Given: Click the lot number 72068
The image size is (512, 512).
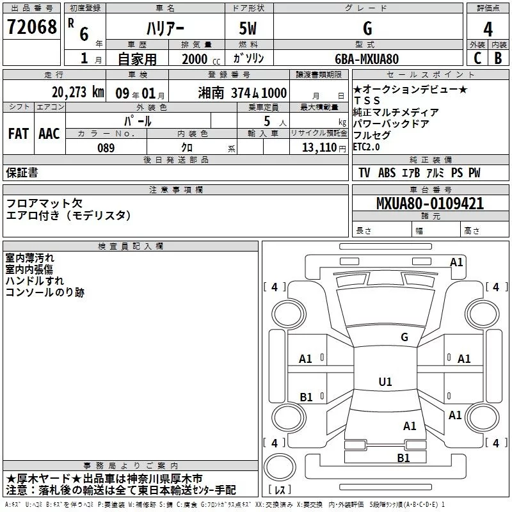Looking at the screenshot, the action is pyautogui.click(x=31, y=28).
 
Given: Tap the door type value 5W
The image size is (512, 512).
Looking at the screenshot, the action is pyautogui.click(x=248, y=29).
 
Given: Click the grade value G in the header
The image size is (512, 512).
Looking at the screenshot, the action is pyautogui.click(x=367, y=29).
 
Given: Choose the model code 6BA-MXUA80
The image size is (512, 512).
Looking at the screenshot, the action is pyautogui.click(x=367, y=59).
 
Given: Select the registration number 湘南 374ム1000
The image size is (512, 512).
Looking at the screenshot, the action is pyautogui.click(x=241, y=93).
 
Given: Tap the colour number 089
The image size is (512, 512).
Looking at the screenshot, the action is pyautogui.click(x=106, y=148).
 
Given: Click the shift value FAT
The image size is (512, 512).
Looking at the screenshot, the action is pyautogui.click(x=18, y=134).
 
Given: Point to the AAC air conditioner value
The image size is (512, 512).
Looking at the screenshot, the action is pyautogui.click(x=49, y=134).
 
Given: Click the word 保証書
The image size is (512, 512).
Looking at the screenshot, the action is pyautogui.click(x=22, y=173).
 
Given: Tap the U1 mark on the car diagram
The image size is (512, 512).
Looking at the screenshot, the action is pyautogui.click(x=385, y=382).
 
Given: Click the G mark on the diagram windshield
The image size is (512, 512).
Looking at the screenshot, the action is pyautogui.click(x=404, y=337).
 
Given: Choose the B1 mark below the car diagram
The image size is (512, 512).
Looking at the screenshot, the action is pyautogui.click(x=403, y=458).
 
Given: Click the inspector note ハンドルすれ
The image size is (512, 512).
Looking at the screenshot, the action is pyautogui.click(x=35, y=281).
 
